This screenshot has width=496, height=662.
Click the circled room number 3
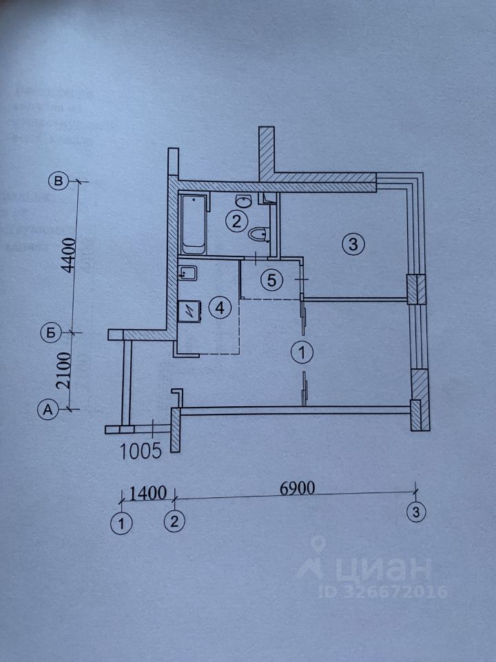pos(351,243)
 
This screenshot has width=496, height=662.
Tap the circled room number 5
pos(271,280)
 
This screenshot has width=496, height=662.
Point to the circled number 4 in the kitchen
pos(220,308)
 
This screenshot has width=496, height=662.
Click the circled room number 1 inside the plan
pos(302,352)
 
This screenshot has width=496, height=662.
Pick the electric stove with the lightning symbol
pos(189,312)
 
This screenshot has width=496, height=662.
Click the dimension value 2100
pos(68,370)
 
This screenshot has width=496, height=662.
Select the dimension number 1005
pos(141,451)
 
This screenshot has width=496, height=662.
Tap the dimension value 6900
pos(298,488)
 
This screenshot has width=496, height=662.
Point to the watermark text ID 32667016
pos(382,592)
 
